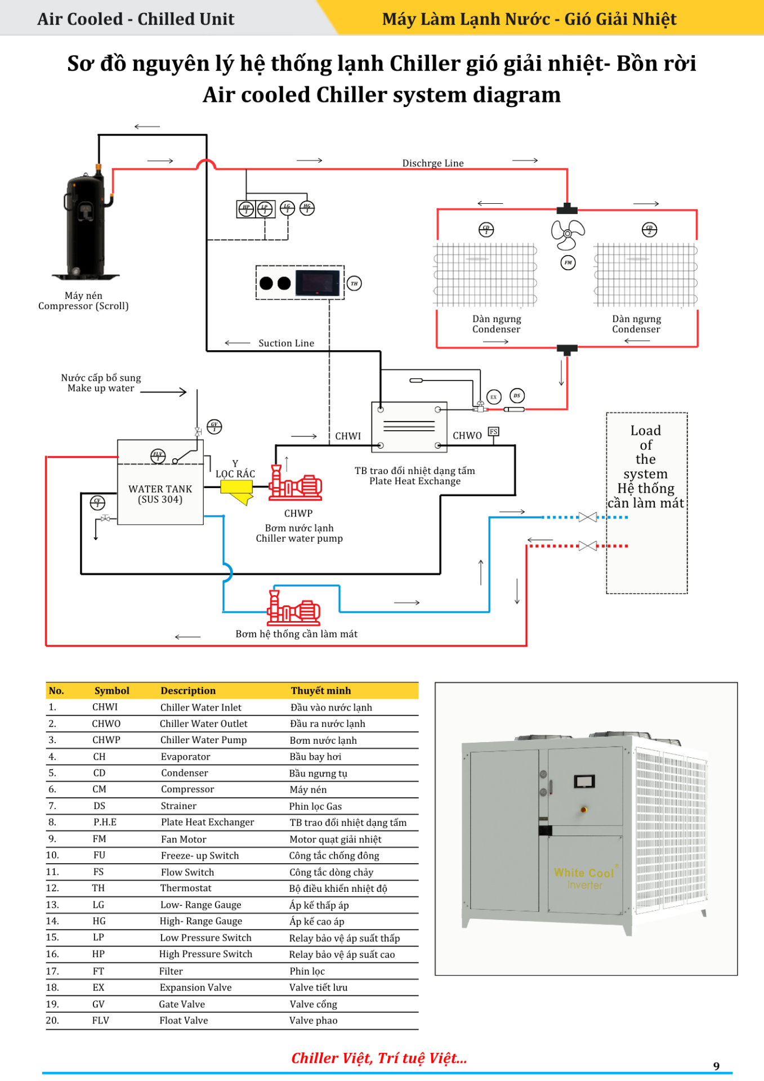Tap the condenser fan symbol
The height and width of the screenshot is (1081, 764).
tap(568, 234)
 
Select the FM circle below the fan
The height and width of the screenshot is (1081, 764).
tap(568, 262)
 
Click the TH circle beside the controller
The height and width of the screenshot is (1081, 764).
tap(354, 283)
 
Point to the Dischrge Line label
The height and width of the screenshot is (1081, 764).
tap(432, 163)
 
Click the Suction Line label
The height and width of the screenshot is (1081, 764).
tap(286, 343)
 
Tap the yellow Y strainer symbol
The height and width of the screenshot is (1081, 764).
tap(237, 490)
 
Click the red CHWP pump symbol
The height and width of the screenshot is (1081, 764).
tap(296, 485)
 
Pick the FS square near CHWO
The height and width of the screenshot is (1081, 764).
tap(493, 432)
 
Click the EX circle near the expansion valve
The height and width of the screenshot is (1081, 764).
tap(493, 397)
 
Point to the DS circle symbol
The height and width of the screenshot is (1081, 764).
tap(517, 396)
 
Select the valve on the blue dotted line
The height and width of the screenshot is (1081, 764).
tap(587, 517)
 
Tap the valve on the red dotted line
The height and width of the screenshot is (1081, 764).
tap(587, 546)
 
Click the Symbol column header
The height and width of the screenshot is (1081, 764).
tap(111, 690)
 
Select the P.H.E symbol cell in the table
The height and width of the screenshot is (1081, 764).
tap(105, 822)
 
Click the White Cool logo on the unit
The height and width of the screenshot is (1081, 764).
tap(584, 873)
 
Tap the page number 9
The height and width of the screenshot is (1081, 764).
tap(716, 1066)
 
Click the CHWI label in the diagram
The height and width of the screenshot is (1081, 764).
tap(348, 436)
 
